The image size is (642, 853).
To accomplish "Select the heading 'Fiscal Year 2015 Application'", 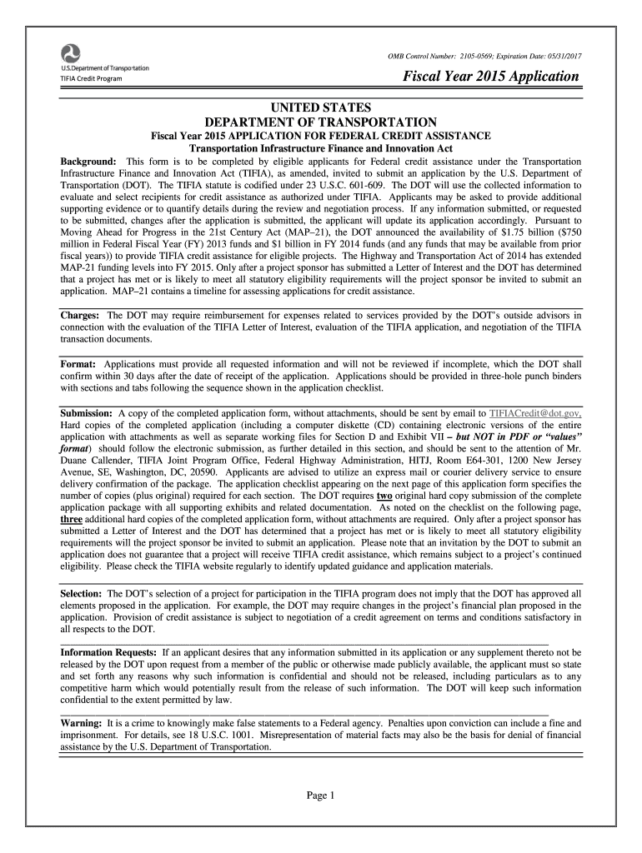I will (492, 77).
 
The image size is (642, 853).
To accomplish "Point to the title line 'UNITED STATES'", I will (320, 107).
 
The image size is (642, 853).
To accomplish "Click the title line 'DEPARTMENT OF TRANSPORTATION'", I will (320, 122).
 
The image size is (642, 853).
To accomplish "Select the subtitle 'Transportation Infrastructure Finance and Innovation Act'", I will (320, 148).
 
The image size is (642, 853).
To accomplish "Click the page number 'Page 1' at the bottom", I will (321, 795).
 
